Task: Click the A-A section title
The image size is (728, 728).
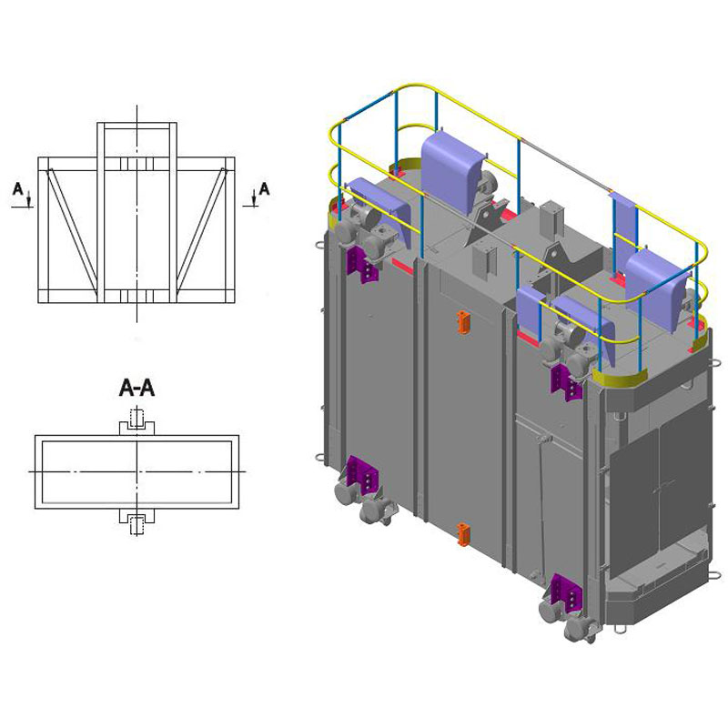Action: [136, 388]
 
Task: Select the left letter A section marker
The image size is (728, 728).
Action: [17, 189]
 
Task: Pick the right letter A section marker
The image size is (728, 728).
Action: [264, 189]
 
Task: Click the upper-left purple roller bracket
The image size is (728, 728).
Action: [362, 264]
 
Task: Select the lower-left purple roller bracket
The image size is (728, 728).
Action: [362, 474]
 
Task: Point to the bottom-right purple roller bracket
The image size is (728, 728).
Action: [566, 592]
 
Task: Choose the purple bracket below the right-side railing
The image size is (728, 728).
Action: [566, 383]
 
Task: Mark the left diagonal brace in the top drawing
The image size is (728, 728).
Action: [73, 235]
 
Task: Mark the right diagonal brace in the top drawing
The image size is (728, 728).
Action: [201, 235]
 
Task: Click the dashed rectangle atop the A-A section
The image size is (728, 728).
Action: [136, 419]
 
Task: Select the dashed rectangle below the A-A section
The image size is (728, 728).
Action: [136, 525]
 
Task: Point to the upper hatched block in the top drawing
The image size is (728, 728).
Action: [136, 164]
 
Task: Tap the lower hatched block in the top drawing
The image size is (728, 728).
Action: [136, 297]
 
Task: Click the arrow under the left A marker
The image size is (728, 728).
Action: [29, 198]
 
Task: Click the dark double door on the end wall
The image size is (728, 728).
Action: [660, 491]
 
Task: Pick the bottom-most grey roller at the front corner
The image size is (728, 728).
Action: [580, 631]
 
